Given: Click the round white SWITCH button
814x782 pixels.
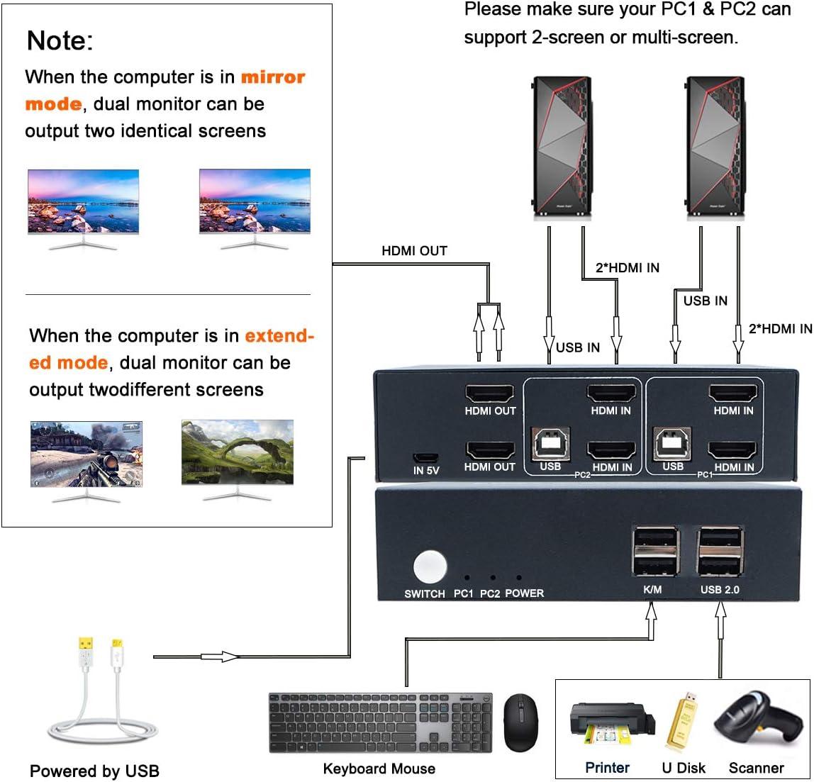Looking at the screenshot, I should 430,567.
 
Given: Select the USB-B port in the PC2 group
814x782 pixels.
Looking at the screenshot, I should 549,445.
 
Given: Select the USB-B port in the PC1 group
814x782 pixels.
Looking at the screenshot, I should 672,444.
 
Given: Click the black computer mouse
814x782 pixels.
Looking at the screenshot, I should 520,722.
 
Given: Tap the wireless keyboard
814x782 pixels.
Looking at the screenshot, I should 380,722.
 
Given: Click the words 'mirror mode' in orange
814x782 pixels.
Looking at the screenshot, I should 165,90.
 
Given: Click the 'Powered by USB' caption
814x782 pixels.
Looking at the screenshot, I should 94,771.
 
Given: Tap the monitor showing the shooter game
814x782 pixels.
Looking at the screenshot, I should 86,454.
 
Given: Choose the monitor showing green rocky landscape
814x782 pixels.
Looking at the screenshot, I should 237,453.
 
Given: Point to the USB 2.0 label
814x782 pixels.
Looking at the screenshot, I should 720,590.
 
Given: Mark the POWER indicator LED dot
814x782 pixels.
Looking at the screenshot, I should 519,579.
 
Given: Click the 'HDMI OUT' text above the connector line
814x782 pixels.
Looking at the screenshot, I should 414,250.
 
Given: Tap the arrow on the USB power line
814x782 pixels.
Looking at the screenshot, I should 226,657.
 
